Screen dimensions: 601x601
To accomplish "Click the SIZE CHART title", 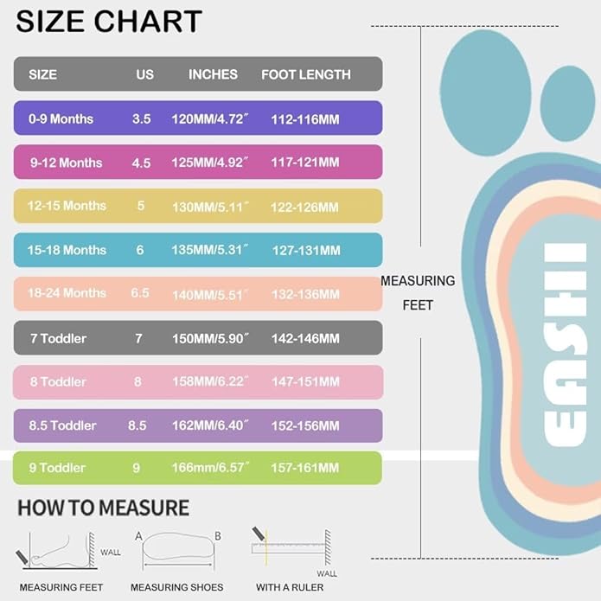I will (109, 21).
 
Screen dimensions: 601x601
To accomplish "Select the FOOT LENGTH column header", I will (306, 74).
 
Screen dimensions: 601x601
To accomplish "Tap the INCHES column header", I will (213, 74).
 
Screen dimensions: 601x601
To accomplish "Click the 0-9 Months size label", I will (61, 118).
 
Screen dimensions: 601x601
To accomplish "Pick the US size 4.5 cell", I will (141, 163).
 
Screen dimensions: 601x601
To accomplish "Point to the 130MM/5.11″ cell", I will (213, 207).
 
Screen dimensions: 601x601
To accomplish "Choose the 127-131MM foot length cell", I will (305, 251).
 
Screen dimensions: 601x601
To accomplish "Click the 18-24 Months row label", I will (67, 293).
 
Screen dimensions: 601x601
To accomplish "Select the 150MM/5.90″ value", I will (213, 338).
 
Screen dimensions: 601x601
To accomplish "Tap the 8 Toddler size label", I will (58, 381).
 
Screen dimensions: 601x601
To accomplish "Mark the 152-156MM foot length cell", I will (305, 425).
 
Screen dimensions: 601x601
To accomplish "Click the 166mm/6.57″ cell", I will (213, 468).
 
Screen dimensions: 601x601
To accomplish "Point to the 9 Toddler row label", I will (58, 468).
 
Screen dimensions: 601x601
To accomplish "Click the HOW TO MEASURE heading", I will (103, 508).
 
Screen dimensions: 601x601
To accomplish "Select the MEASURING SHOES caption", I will (176, 588).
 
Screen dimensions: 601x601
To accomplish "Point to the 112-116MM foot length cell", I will (305, 118).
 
